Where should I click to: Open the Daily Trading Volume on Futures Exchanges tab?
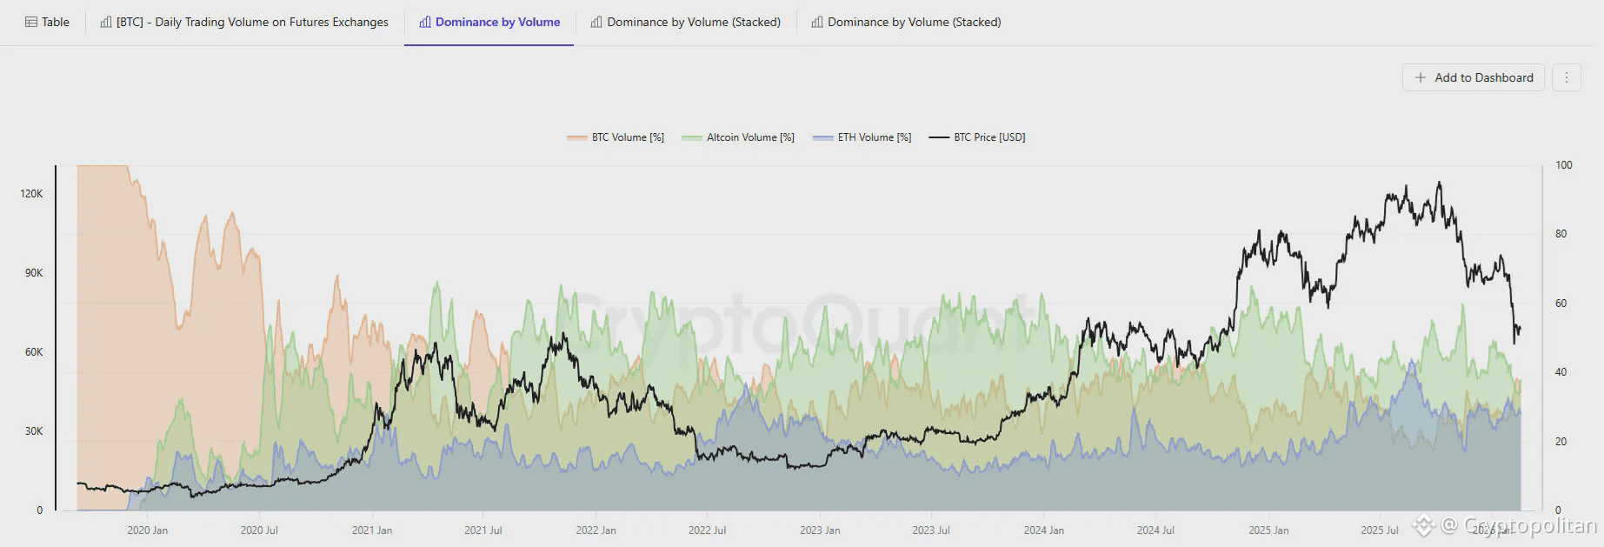pos(244,22)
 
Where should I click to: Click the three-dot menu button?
pos(1567,77)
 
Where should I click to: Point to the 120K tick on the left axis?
pos(31,194)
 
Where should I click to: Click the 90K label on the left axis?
pos(33,273)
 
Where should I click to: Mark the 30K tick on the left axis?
pos(33,431)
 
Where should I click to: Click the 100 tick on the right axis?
pos(1563,165)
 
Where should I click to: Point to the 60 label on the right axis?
pos(1561,304)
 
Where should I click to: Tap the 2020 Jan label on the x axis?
pos(147,530)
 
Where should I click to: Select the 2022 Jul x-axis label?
pos(707,530)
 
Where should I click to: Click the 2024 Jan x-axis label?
pos(1043,530)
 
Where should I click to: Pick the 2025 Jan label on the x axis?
pos(1268,530)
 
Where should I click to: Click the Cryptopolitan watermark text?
pos(1530,525)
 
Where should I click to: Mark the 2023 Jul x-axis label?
pos(930,530)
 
